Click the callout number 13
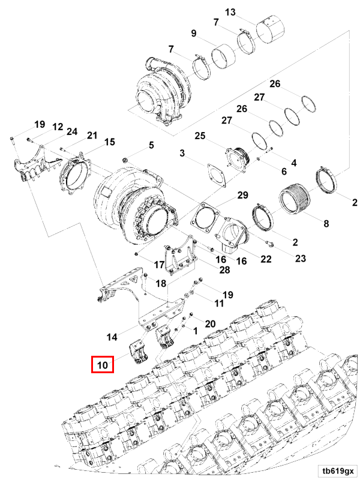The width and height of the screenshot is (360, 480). point(231,11)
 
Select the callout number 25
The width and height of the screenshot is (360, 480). point(200,136)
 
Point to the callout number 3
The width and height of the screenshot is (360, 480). point(182,154)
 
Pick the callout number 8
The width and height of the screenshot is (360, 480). point(326,224)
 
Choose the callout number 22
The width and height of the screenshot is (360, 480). point(265,259)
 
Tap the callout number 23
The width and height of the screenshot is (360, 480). point(300,259)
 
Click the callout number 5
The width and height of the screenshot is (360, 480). point(151,145)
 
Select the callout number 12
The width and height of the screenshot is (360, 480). point(58,127)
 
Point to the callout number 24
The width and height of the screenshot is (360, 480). point(72,132)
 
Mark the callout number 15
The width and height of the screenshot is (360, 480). point(109,142)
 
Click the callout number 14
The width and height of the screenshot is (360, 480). point(112,336)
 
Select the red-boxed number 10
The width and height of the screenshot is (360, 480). point(101,364)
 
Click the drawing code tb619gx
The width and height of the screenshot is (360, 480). point(338,470)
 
